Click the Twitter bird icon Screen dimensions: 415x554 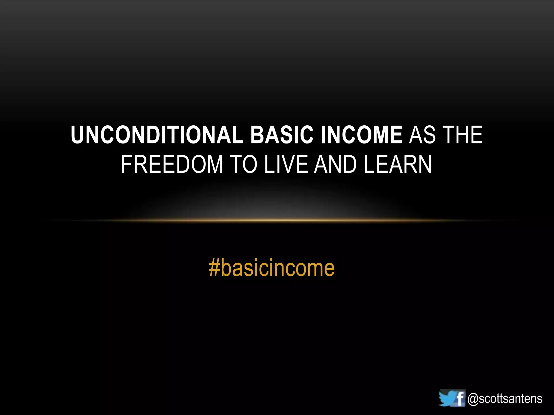tap(447, 398)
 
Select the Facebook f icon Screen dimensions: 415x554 tap(460, 397)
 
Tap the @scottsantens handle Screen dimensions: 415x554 tap(505, 399)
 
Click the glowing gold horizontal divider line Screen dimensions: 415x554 tap(277, 220)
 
